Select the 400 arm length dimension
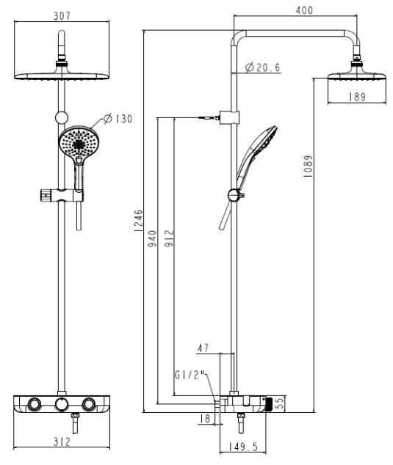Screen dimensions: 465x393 click(x=304, y=10)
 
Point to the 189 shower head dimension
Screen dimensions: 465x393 click(x=358, y=97)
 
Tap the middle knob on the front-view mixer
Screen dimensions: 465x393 click(x=62, y=406)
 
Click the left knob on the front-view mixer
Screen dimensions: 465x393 click(x=34, y=406)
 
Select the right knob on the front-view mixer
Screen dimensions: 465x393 click(x=90, y=406)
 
